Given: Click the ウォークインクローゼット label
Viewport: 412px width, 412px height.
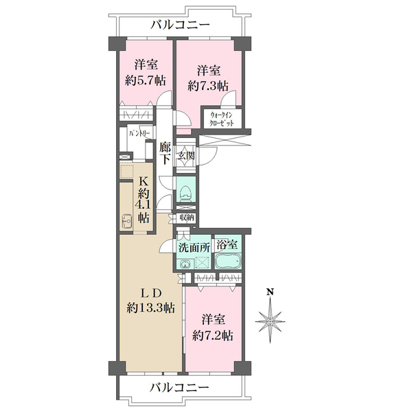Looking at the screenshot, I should (222, 117).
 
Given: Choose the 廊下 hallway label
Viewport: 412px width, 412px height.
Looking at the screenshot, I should (165, 153).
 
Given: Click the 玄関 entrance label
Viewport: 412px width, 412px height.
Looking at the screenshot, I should (186, 156).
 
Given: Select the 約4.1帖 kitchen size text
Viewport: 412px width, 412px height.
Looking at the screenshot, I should (144, 205).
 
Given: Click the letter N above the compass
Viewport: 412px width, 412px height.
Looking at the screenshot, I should (271, 293).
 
